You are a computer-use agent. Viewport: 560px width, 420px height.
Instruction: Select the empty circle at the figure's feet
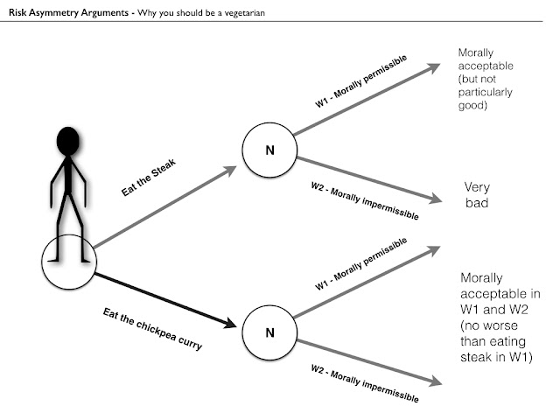pos(69,262)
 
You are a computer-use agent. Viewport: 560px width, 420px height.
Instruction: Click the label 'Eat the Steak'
pos(148,182)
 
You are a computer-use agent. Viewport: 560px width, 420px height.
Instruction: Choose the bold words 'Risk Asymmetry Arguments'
pos(65,10)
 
